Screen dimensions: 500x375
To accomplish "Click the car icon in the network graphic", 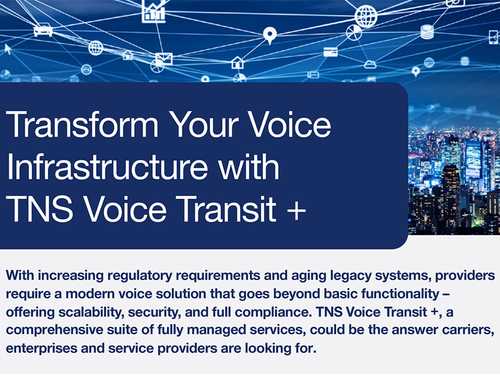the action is pos(43,30).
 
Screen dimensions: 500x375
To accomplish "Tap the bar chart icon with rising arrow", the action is pos(154,11).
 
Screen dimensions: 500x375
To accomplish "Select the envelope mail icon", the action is pos(164,59).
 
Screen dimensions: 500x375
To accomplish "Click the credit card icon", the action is pos(330,52).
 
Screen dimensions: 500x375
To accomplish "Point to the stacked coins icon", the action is pos(427,32).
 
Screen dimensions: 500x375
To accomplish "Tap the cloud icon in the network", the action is pos(370,65).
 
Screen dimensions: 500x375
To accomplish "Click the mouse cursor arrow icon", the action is pos(8,49).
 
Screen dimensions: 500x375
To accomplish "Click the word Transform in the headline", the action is pos(82,124).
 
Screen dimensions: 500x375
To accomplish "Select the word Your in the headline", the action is pos(204,125).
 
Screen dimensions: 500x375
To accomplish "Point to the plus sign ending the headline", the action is pos(296,211).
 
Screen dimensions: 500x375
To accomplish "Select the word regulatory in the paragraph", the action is pos(140,276).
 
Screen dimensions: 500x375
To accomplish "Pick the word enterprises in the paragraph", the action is pos(41,349).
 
